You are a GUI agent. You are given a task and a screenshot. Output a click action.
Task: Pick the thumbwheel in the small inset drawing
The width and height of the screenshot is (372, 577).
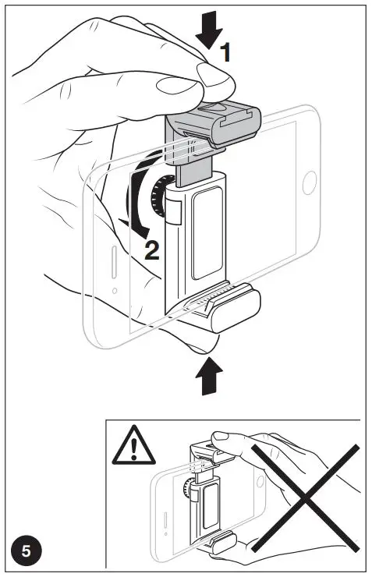pyautogui.click(x=187, y=489)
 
